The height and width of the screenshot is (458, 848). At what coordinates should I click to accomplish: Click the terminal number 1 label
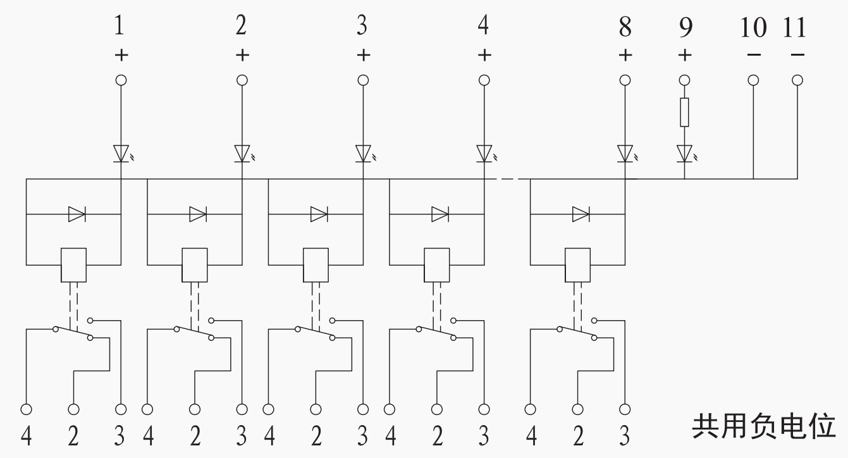120,27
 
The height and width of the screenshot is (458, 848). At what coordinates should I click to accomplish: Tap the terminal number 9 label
685,27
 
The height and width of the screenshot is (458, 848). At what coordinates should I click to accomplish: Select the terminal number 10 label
753,27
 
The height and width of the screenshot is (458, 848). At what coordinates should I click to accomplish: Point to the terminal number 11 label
795,27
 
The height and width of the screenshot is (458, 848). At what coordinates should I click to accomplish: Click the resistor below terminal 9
684,113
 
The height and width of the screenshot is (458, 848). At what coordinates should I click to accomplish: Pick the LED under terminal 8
625,153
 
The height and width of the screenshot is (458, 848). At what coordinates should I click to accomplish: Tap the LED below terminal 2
242,153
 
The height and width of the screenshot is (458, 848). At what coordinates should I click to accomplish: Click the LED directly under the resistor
684,153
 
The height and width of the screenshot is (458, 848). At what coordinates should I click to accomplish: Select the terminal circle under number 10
753,80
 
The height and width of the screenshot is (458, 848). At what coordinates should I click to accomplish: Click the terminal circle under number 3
363,80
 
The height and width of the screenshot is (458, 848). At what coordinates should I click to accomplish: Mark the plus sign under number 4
484,55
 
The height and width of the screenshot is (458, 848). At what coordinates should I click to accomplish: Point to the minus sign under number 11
798,55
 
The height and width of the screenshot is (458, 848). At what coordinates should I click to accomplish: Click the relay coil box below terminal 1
73,264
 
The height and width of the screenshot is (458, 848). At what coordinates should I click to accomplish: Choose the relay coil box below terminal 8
577,264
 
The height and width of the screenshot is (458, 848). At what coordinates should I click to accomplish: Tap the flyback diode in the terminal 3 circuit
319,214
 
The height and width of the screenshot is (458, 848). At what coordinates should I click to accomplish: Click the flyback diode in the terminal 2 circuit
198,214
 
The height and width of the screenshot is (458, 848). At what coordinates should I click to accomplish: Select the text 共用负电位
763,426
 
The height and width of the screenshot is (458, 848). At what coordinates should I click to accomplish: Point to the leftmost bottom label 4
27,436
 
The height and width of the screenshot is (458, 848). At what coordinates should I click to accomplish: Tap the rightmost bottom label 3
624,436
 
